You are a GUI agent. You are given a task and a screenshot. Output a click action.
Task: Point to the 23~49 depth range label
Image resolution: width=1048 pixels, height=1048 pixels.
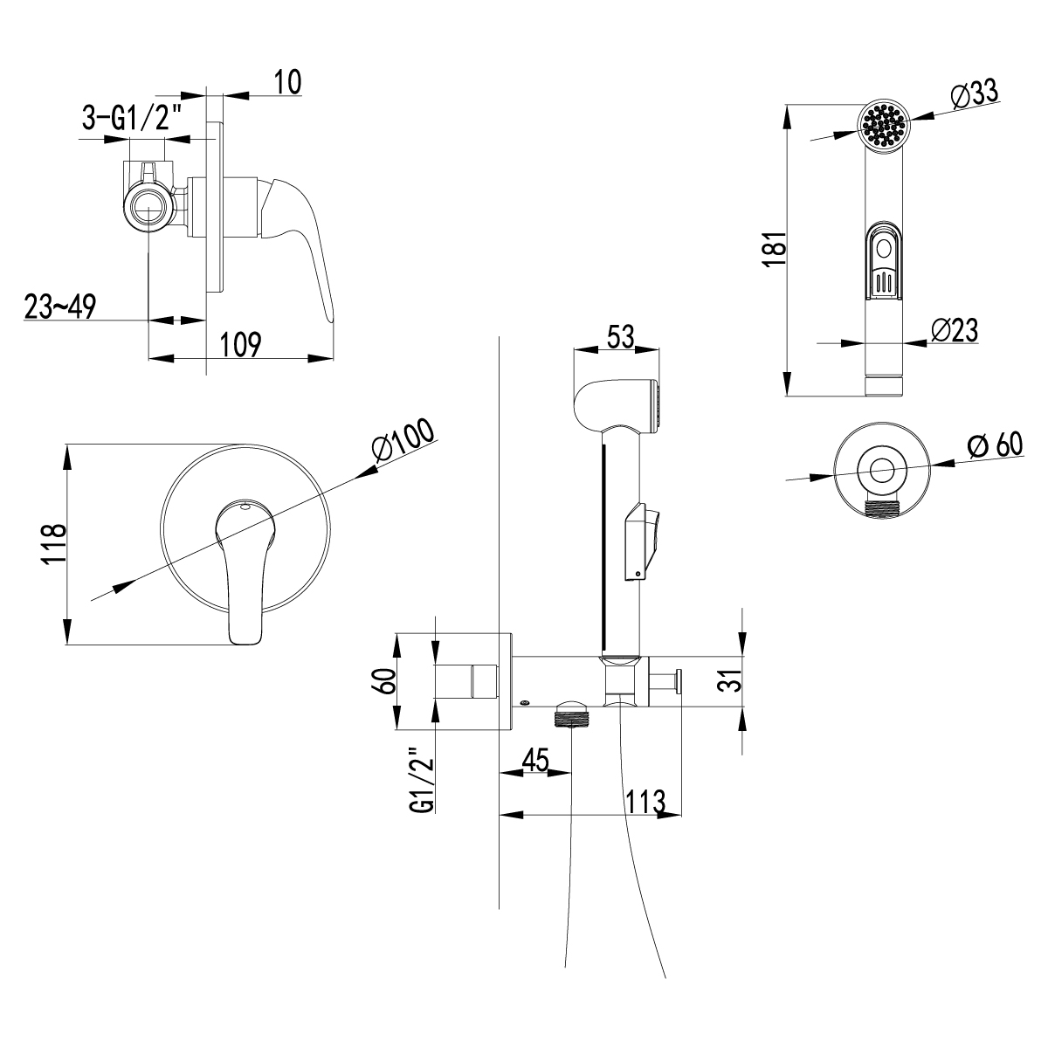point(60,307)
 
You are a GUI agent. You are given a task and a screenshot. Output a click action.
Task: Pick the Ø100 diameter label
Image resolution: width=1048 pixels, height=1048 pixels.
point(402,445)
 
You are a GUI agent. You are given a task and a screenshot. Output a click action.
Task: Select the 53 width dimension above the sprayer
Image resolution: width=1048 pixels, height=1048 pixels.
point(617,336)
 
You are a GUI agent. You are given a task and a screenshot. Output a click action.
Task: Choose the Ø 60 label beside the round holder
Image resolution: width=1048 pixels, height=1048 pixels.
point(995,445)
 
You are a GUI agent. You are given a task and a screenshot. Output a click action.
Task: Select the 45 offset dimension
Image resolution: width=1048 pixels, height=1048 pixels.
point(534,760)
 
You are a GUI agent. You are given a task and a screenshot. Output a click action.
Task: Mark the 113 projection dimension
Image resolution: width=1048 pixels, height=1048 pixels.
point(645,800)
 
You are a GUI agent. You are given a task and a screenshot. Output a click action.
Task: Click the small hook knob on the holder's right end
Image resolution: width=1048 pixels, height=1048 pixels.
point(676,679)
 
